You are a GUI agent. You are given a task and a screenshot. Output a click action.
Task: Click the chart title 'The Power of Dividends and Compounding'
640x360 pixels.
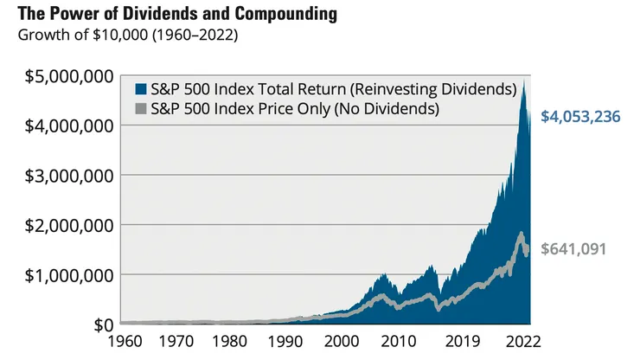tap(170, 15)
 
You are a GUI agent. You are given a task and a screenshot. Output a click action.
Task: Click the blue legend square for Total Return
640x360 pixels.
tap(142, 89)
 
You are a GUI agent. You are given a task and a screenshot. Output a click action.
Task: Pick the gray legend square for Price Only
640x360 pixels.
tap(142, 110)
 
